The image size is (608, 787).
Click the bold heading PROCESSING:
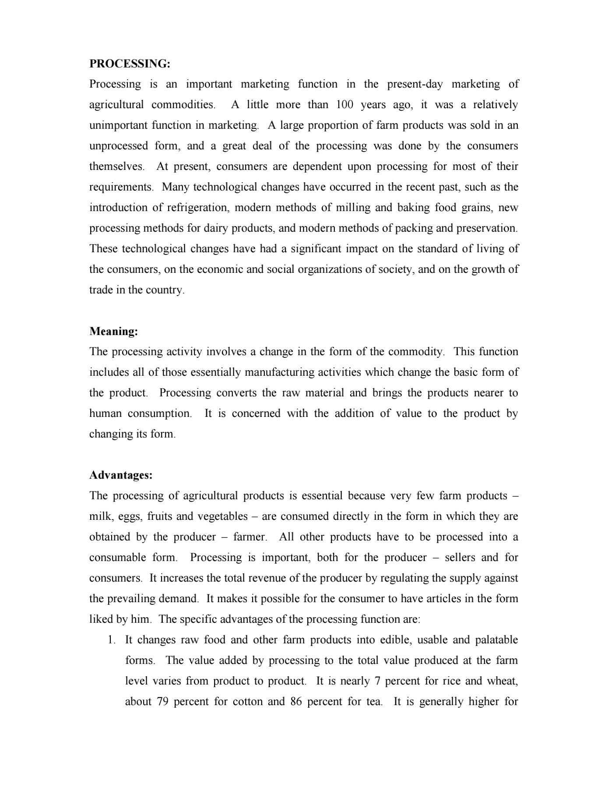pos(130,64)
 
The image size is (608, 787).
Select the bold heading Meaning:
pos(114,331)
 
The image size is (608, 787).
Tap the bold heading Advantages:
pos(121,475)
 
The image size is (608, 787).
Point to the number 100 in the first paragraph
pos(345,105)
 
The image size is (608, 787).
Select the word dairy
pos(216,228)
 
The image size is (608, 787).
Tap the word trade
pos(101,290)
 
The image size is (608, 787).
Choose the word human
pos(105,413)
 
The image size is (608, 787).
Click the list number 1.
pos(112,640)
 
